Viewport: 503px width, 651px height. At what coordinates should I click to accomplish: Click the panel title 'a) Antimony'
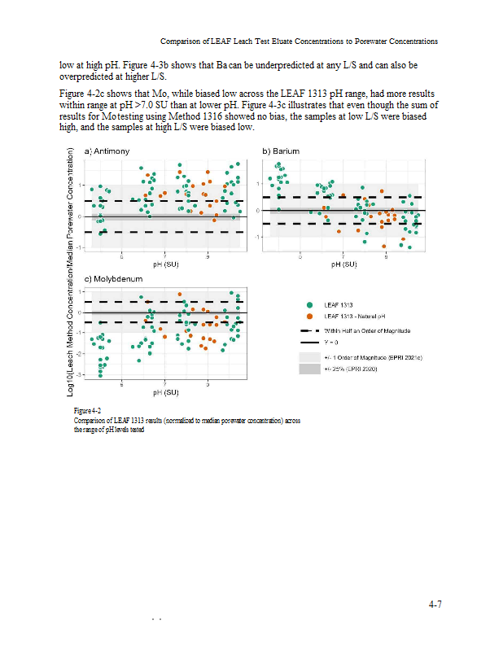point(106,151)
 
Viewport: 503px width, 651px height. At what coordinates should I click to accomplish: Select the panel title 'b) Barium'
point(278,151)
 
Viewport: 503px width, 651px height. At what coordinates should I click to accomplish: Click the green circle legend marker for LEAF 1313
point(310,305)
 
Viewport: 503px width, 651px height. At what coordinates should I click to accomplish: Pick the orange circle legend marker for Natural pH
point(310,317)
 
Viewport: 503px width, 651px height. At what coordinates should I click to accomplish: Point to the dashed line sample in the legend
point(310,331)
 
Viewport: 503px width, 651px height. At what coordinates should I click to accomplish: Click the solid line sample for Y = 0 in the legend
point(310,343)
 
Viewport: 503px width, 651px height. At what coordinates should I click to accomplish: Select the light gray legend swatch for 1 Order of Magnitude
point(310,357)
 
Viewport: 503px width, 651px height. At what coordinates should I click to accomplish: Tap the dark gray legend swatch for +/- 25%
point(310,369)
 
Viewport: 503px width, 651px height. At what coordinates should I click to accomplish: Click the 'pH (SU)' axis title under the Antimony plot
point(165,264)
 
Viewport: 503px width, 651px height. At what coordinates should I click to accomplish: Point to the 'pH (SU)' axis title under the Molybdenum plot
point(165,393)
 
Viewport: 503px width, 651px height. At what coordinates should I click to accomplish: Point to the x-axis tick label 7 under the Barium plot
point(343,256)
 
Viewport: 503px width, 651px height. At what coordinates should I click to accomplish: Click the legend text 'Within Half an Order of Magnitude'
point(367,331)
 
